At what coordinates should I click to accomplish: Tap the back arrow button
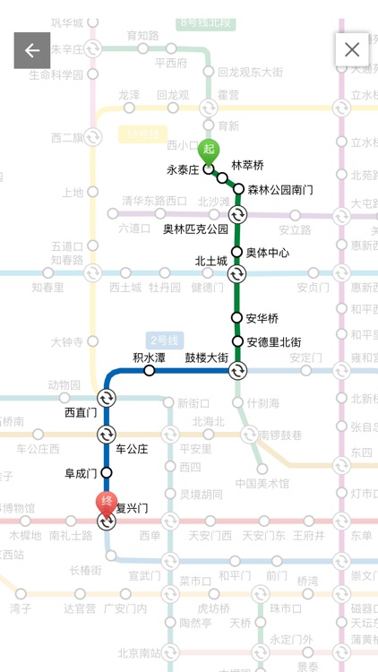[x=31, y=50]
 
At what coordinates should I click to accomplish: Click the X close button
[x=352, y=50]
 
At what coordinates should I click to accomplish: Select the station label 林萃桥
[x=248, y=166]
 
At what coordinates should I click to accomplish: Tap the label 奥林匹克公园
[x=194, y=229]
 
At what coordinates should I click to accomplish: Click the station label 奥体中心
[x=267, y=253]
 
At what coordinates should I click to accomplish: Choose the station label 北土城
[x=211, y=262]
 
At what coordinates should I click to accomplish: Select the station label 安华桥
[x=262, y=317]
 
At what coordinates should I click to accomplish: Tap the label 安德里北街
[x=273, y=341]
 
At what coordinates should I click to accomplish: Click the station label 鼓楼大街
[x=206, y=358]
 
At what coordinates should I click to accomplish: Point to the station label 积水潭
[x=150, y=357]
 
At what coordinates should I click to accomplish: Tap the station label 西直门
[x=81, y=413]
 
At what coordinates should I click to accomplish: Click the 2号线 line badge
[x=165, y=340]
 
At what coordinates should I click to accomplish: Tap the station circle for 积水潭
[x=150, y=371]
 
